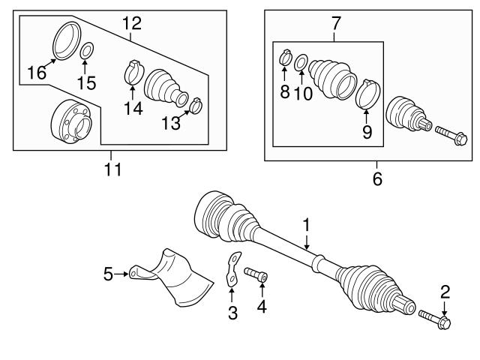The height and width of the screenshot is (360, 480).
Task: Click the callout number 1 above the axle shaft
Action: point(306,224)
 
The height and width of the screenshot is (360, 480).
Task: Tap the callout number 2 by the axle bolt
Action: point(445,291)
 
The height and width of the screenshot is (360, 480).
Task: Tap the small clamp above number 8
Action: point(285,57)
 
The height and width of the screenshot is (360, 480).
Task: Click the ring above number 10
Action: point(301,61)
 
